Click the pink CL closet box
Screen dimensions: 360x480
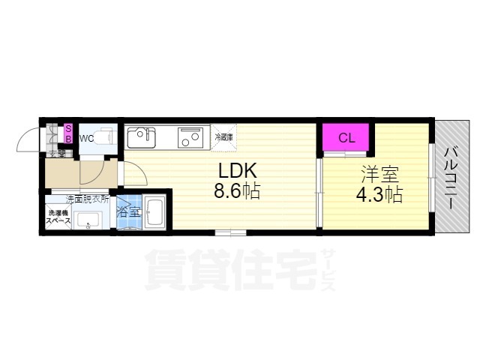(x=345, y=137)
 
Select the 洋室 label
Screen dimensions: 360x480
(x=379, y=175)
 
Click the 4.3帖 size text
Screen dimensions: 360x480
(x=379, y=195)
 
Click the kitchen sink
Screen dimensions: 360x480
(x=141, y=138)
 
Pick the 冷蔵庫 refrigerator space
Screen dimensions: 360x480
(x=223, y=138)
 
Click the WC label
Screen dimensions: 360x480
(x=87, y=138)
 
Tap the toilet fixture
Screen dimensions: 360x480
(x=106, y=138)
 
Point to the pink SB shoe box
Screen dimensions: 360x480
(x=67, y=133)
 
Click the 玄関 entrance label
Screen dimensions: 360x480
(x=57, y=154)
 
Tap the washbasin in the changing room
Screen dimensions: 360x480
(x=88, y=220)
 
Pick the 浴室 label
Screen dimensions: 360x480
(x=129, y=212)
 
